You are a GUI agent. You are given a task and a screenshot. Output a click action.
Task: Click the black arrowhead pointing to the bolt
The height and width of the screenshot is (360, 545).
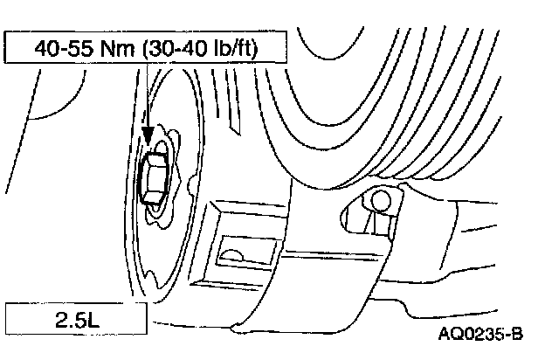pyautogui.click(x=148, y=135)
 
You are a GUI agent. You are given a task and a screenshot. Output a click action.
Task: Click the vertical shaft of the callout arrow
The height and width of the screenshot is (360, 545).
pyautogui.click(x=148, y=96)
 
